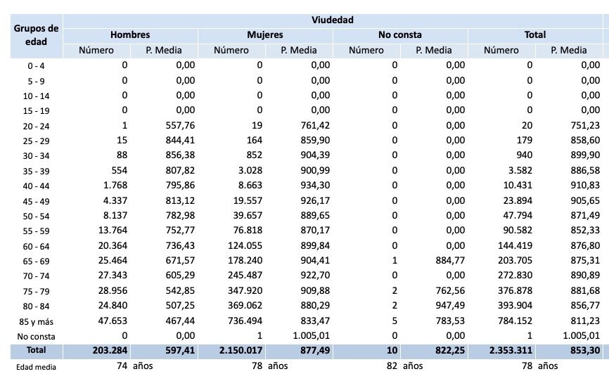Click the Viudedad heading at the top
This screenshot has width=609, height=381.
[x=333, y=19]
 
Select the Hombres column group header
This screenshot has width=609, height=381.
[x=130, y=34]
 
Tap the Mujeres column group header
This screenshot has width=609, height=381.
[x=265, y=34]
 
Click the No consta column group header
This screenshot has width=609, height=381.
[x=400, y=34]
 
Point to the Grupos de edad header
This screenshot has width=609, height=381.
[x=34, y=34]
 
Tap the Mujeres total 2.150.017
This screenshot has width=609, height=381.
[x=236, y=350]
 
